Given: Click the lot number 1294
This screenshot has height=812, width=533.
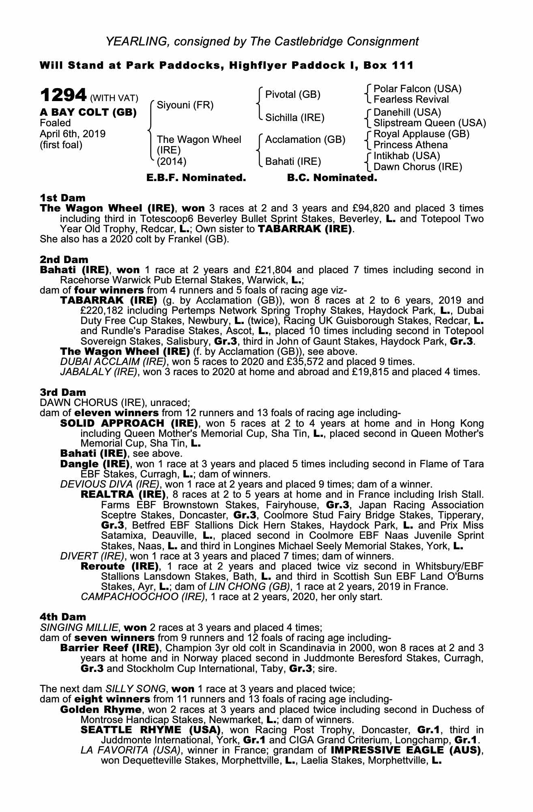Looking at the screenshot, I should tap(63, 95).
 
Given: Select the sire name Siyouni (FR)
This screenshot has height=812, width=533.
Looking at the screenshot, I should tap(185, 105).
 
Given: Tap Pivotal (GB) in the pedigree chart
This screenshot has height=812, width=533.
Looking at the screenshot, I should tap(292, 95).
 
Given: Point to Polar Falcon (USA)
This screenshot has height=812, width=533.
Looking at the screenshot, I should tap(417, 89).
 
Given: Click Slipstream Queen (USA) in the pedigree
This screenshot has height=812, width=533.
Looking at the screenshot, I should tap(429, 123).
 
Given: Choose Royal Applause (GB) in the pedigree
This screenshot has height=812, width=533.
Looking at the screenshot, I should tap(421, 134).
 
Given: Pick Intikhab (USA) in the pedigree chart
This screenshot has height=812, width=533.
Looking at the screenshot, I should tap(406, 156).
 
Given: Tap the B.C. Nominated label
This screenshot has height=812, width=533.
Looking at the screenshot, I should tap(332, 178).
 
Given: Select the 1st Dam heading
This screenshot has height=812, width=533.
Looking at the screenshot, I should tap(63, 198).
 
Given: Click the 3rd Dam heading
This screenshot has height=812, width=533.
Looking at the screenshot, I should tap(63, 392).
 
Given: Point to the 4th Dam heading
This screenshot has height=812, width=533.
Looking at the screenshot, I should tap(63, 617).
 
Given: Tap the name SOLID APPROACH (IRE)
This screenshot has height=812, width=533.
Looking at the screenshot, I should tap(129, 423).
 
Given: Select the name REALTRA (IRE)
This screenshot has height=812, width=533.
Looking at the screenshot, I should tap(123, 495).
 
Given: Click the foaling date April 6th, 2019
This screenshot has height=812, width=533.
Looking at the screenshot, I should tap(73, 134).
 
